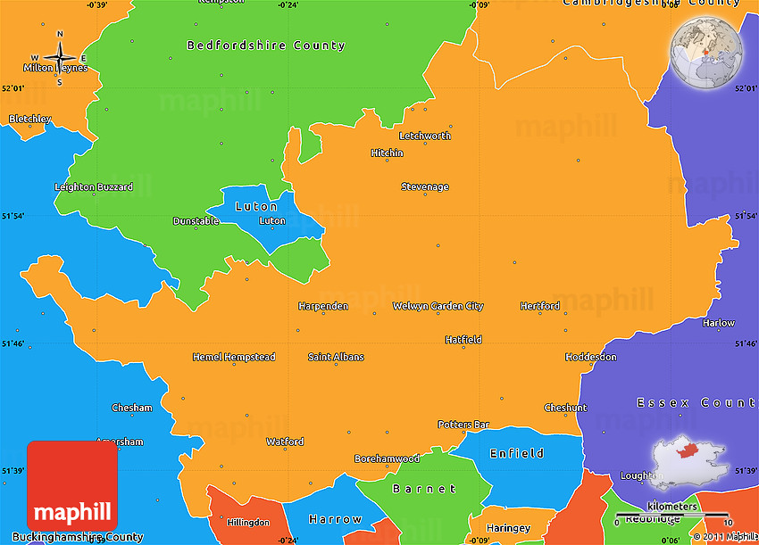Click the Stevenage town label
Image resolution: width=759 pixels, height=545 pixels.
[x=425, y=187]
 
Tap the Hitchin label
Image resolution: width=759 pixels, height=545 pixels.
[x=387, y=153]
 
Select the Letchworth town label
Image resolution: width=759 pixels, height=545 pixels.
[x=425, y=136]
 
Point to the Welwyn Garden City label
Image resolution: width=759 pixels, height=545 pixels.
[x=438, y=307]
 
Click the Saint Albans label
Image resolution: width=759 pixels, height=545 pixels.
[x=336, y=358]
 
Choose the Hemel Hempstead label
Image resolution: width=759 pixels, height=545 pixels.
[x=234, y=358]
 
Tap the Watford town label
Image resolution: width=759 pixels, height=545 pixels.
[x=285, y=442]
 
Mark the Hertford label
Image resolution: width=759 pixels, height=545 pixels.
[x=540, y=307]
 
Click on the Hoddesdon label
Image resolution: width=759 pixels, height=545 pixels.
[x=591, y=358]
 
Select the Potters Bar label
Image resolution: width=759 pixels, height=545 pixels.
[x=464, y=425]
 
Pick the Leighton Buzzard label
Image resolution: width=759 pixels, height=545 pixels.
[x=94, y=187]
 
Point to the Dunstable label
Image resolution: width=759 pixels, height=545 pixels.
[x=196, y=221]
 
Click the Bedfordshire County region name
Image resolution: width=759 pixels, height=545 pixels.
[x=265, y=45]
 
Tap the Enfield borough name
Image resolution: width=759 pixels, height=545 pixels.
[x=516, y=454]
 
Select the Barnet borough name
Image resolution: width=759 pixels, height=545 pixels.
[x=425, y=489]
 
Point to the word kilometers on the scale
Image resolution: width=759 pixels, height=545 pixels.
[x=672, y=507]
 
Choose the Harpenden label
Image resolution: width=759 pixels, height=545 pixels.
[x=323, y=307]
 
